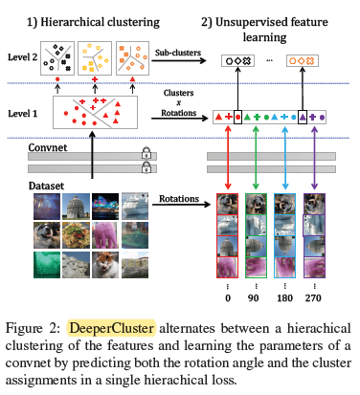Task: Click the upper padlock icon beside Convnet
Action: click(146, 152)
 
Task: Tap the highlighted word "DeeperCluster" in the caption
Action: click(101, 324)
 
